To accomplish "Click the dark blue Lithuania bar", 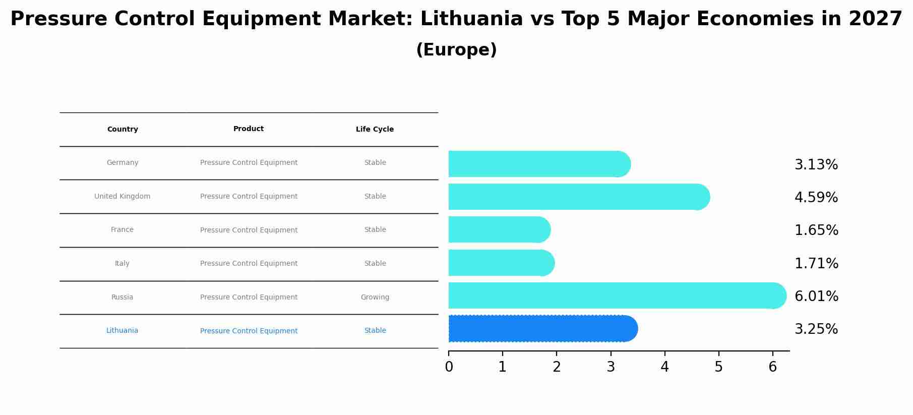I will point(542,329).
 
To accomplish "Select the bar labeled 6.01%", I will point(616,296).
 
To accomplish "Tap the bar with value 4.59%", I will point(578,197).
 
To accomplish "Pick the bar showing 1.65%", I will point(498,230).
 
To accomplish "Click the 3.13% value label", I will point(816,165).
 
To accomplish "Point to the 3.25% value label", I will point(816,329).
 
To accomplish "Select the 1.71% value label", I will point(816,264).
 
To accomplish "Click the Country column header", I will point(123,130).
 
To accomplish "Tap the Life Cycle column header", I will point(375,130).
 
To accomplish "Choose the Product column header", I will point(249,129).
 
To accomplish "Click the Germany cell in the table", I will point(123,163).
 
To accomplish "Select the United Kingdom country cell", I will point(122,197).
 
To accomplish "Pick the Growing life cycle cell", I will point(375,298).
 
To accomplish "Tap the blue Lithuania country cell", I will point(122,331).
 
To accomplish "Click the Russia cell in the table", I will point(122,298).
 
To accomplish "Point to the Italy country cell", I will point(122,264).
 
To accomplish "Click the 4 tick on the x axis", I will point(664,367).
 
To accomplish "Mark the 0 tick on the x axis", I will point(449,367).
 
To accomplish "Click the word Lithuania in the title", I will point(471,19).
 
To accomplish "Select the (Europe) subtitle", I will point(456,50).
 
